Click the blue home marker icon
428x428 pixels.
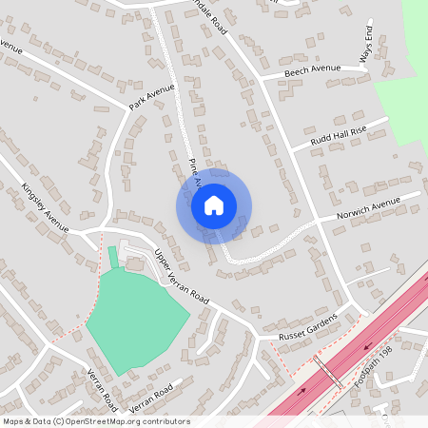(214, 204)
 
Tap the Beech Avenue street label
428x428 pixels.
(314, 70)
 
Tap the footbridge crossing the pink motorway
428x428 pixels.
(329, 374)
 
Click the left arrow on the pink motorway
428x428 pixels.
(303, 391)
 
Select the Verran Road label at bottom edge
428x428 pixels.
(100, 385)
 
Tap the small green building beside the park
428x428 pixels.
(112, 257)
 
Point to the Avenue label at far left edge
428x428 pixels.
(10, 46)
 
